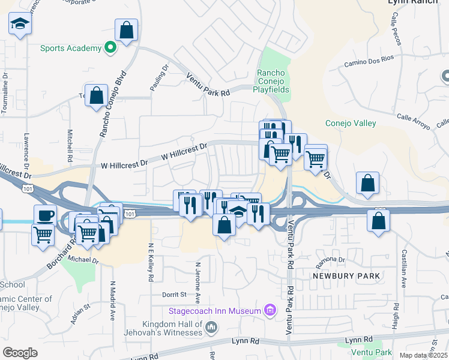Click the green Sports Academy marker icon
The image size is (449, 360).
[x=110, y=48]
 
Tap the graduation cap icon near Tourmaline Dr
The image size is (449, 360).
[x=20, y=25]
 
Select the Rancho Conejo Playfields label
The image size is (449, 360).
[x=274, y=81]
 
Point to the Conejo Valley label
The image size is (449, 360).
[x=351, y=123]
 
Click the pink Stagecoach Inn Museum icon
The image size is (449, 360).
[x=270, y=310]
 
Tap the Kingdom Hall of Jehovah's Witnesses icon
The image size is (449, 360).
[x=211, y=327]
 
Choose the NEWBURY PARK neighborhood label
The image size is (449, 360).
[x=346, y=275]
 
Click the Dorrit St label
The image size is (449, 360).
[x=175, y=295]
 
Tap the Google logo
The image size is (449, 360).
[x=20, y=352]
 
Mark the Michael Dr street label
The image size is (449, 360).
[x=83, y=260]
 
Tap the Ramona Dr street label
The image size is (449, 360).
[x=333, y=260]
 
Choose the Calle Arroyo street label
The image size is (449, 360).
[x=414, y=122]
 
